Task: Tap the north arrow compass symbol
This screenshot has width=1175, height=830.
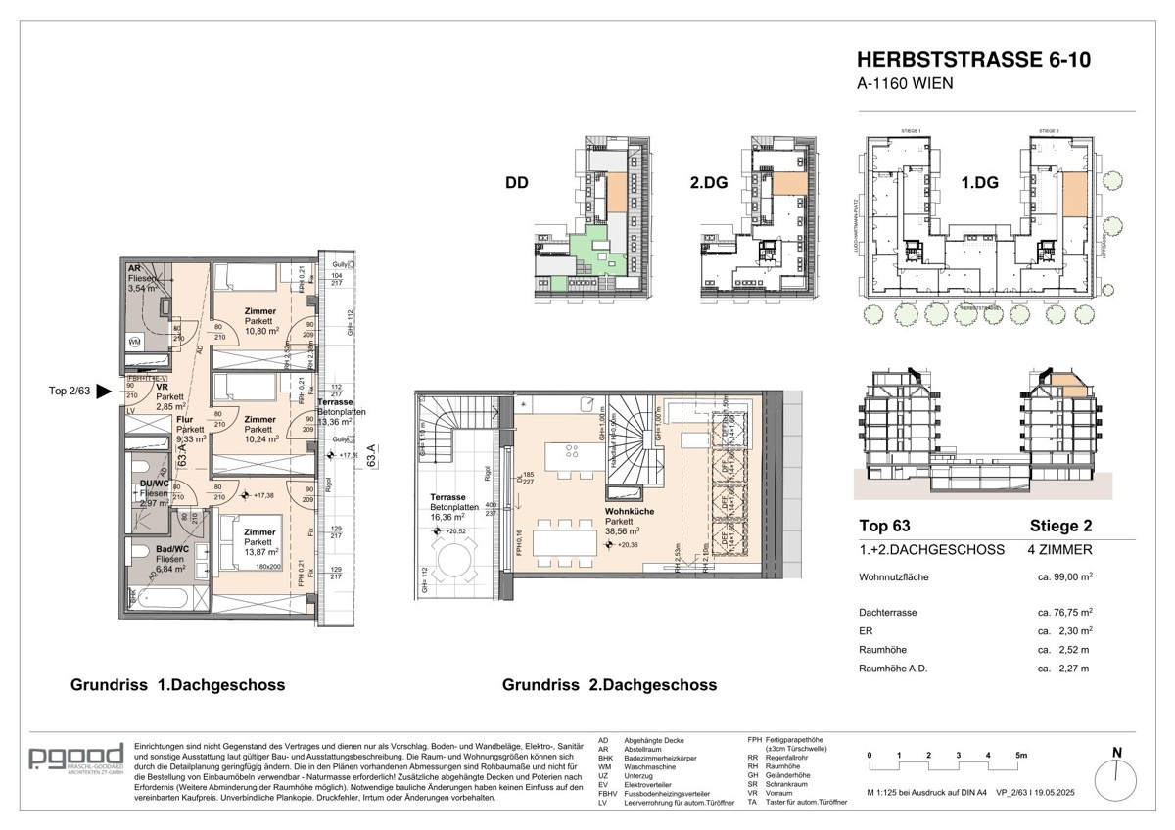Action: pyautogui.click(x=1116, y=778)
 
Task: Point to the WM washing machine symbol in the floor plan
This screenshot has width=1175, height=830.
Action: pyautogui.click(x=135, y=342)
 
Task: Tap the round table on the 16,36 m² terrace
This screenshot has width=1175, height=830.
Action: pyautogui.click(x=454, y=565)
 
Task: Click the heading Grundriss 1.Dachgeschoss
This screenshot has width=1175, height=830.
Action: pyautogui.click(x=177, y=685)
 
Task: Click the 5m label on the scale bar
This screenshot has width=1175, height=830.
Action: pyautogui.click(x=1021, y=756)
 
